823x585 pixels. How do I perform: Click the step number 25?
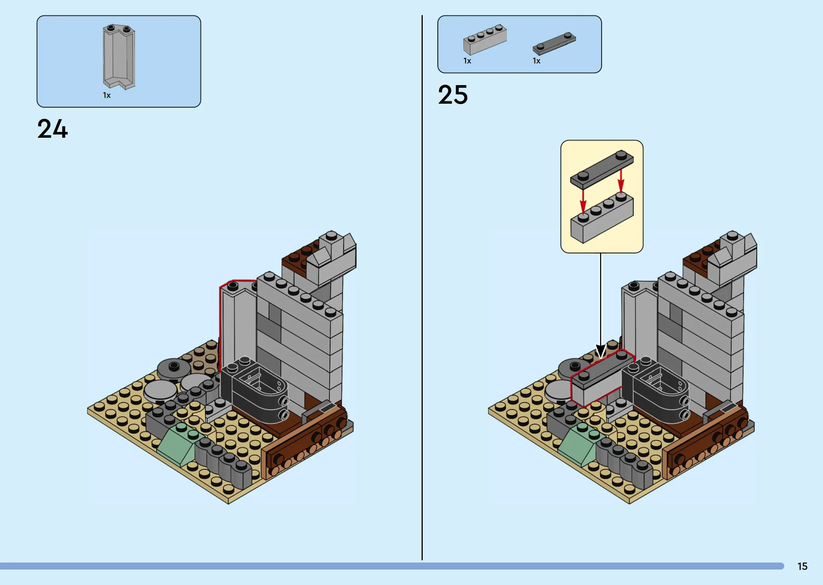pos(453,94)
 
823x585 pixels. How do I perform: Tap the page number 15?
pos(802,566)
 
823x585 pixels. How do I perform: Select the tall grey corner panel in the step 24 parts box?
pos(119,56)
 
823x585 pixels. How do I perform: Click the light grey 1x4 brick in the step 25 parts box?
pos(485,40)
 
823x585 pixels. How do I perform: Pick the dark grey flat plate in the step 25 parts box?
pos(554,44)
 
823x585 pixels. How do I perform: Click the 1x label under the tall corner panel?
pos(107,95)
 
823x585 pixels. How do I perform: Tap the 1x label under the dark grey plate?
pos(537,61)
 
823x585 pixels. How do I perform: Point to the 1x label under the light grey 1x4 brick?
pos(467,61)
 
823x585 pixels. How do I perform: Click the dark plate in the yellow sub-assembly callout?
pos(602,169)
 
